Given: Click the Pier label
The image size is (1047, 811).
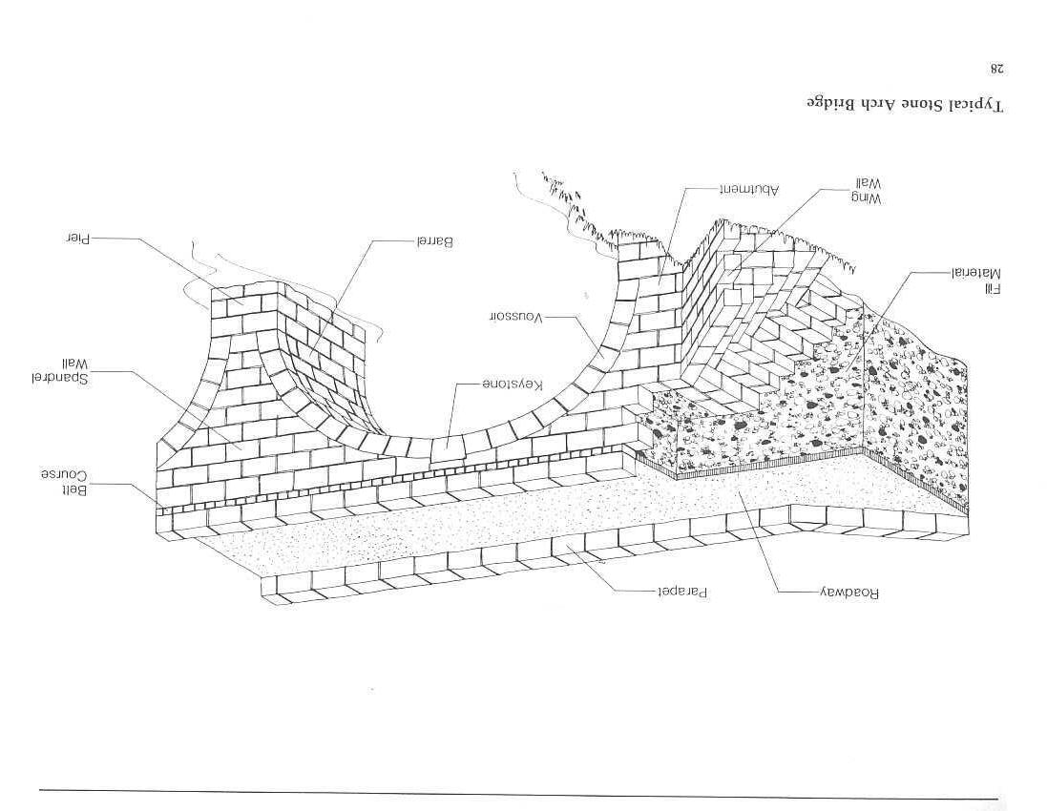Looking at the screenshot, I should (77, 239).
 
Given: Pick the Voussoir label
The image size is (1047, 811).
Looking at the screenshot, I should (515, 317).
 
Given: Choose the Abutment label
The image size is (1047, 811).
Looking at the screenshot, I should (749, 189).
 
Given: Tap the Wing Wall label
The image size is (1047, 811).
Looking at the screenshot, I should (868, 190).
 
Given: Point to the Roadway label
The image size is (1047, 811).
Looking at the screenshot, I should (848, 592).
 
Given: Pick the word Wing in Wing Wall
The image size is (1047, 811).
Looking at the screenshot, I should (868, 198).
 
